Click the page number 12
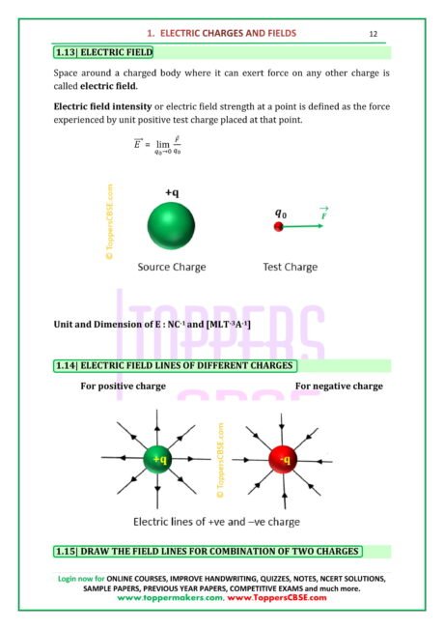[374, 34]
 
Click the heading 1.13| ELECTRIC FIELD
[104, 51]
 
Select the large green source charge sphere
[172, 227]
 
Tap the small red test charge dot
[279, 226]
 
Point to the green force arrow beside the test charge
[305, 226]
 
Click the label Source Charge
[172, 266]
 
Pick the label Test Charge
[290, 266]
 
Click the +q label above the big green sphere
[171, 193]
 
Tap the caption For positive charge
[123, 386]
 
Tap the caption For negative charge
[339, 386]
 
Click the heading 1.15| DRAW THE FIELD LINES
[208, 551]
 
